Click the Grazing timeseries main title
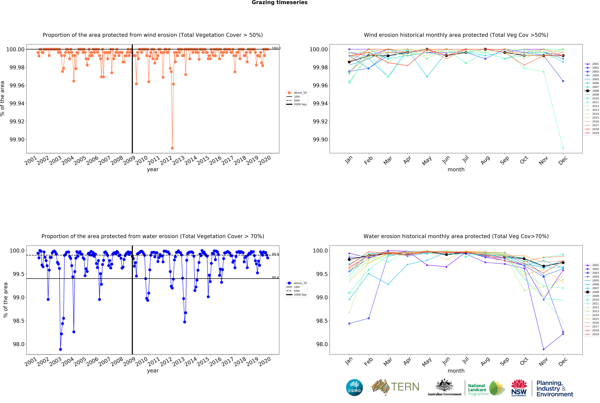click(279, 3)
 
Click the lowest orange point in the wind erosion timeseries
click(172, 148)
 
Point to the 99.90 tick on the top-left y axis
click(17, 140)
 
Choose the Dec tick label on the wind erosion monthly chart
click(563, 160)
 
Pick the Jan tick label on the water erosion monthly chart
click(349, 361)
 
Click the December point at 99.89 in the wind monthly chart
click(563, 148)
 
